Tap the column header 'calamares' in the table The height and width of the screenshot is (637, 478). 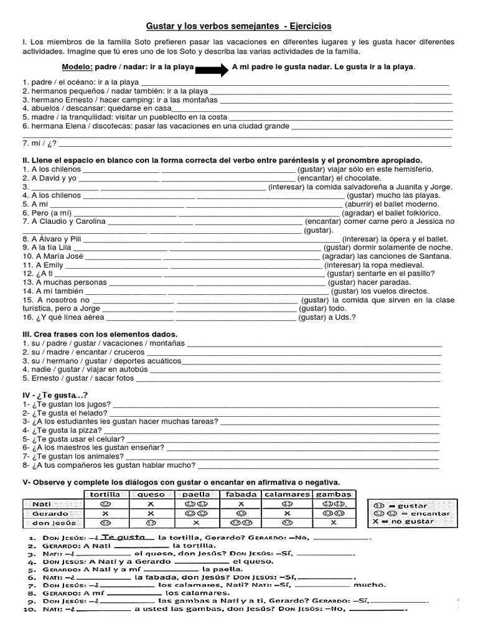coord(287,494)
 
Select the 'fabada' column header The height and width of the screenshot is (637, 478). coord(240,494)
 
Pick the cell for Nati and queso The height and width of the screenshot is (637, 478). coord(151,504)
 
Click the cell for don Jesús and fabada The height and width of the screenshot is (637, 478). coord(240,523)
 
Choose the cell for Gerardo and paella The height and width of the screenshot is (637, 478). coord(196,514)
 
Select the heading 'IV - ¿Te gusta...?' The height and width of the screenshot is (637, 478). coord(55,395)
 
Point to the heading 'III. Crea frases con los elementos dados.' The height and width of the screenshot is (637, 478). coord(100,334)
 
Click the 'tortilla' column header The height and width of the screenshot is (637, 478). coord(105,494)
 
